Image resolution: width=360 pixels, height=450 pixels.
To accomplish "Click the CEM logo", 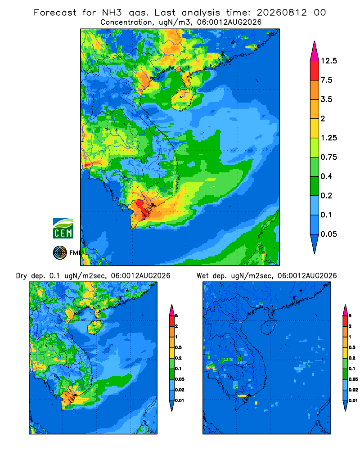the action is [63, 228].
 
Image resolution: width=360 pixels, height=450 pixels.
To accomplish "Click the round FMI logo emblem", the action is [60, 253].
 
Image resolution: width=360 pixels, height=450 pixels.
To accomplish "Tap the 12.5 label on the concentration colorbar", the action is [329, 61].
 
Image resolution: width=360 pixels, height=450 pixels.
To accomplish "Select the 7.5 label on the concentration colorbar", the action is [327, 80].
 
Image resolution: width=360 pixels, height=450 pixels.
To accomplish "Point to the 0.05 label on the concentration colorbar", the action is [329, 234].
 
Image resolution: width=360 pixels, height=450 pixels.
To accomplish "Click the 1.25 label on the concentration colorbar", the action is [329, 138].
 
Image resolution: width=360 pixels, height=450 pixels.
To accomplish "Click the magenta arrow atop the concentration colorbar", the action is [315, 51].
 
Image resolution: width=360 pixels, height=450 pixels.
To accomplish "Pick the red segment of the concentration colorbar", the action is [315, 71].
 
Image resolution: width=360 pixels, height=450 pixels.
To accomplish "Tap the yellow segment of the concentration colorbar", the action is [315, 128].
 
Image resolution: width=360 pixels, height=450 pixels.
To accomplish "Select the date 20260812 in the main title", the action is [282, 13].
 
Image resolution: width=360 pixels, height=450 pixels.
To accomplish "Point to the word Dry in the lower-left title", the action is [22, 276].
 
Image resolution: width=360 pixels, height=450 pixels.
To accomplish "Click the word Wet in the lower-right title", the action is [202, 276].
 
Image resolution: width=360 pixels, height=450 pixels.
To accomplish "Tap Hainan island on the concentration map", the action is [183, 99].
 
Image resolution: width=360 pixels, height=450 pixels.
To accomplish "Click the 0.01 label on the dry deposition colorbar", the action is [180, 400].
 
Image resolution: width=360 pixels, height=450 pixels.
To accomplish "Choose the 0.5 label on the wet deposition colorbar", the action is [352, 347].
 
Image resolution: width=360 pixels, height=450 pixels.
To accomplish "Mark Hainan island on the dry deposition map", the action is [95, 327].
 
